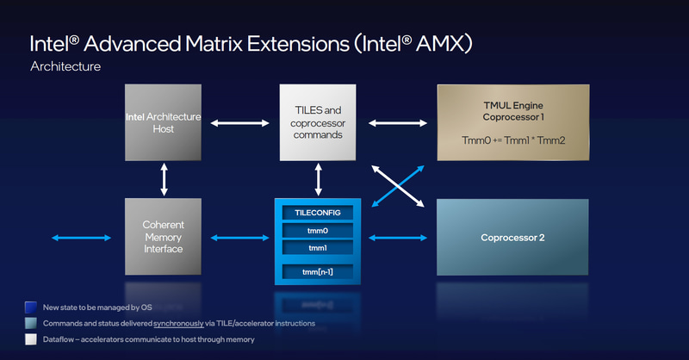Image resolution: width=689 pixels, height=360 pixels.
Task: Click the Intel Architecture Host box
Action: [x=163, y=122]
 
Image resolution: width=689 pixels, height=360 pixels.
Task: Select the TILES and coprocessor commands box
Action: [x=318, y=122]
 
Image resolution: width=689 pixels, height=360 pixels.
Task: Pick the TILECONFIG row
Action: [x=318, y=211]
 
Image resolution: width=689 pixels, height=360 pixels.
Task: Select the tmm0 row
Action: [x=318, y=230]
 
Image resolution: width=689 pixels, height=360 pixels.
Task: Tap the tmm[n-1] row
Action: [x=318, y=273]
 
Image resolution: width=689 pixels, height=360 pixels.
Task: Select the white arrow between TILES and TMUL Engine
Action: [x=397, y=123]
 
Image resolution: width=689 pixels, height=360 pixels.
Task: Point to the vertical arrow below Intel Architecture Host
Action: [x=164, y=179]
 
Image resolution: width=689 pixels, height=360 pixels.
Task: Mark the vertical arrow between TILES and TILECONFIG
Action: [x=319, y=179]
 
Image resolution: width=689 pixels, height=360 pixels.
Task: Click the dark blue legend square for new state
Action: [x=32, y=307]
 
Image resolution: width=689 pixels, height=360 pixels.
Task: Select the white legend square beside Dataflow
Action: [x=32, y=339]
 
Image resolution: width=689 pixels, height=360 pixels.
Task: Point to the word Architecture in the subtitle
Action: [x=65, y=66]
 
